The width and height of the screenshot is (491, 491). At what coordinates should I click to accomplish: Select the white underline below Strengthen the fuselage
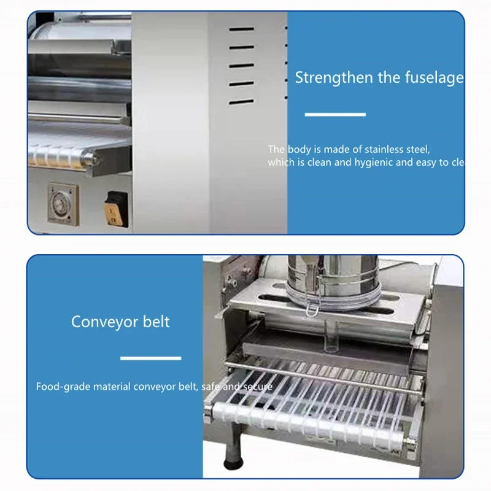(x=335, y=114)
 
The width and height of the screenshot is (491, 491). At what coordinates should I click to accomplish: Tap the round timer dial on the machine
(x=61, y=199)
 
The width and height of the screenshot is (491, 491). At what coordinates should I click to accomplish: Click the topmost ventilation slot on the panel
(x=241, y=29)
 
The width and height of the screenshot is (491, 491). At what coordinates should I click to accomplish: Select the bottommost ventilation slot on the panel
(x=241, y=101)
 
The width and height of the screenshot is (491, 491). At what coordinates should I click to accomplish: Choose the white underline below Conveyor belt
(x=150, y=358)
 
